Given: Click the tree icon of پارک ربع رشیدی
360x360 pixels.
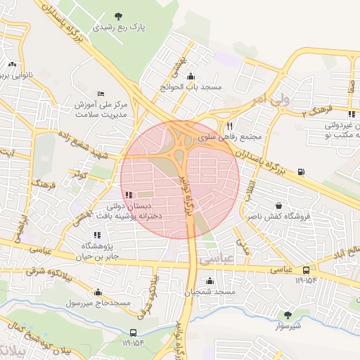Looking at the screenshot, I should pos(118,15).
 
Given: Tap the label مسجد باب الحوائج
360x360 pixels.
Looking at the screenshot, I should pos(192,86).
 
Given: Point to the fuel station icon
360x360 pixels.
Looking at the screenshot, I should pos(302,171).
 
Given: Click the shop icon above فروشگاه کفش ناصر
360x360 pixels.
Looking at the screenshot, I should pos(280,206).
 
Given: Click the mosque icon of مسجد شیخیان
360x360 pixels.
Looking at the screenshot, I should pos(210,281).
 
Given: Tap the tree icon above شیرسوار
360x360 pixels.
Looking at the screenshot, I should pos(287,315).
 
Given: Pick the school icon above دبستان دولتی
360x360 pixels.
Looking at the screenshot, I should pos(127,195).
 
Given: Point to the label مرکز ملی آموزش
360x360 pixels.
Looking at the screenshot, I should pos(100,104).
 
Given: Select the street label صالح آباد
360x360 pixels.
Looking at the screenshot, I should pos(347,251).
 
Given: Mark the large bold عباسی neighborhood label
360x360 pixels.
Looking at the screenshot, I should pos(215,259).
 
